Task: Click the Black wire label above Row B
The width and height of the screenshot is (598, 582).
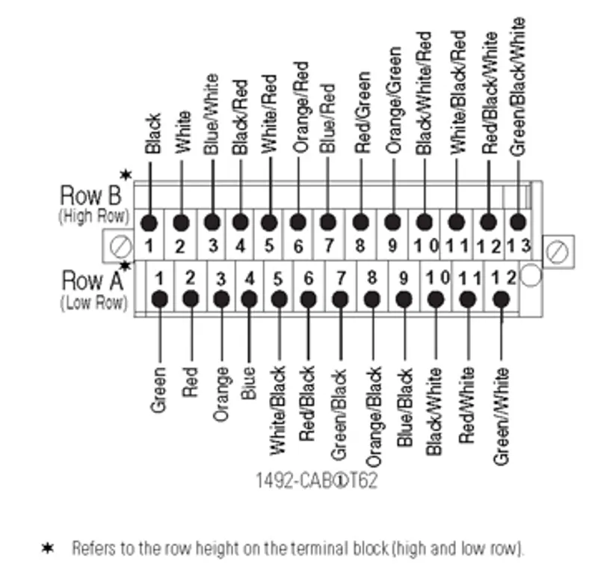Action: (x=153, y=134)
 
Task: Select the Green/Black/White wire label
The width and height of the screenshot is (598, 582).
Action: (x=517, y=87)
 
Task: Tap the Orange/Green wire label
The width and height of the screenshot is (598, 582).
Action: (x=394, y=100)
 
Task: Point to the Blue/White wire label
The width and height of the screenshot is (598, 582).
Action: (x=212, y=114)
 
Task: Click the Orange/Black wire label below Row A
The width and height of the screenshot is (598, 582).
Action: (x=374, y=417)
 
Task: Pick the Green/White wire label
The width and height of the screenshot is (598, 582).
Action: (x=501, y=417)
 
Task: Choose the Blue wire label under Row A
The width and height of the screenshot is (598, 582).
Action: (x=248, y=383)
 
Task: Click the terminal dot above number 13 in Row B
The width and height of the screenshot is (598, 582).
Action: (x=517, y=222)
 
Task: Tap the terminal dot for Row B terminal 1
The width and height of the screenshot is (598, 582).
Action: (x=149, y=223)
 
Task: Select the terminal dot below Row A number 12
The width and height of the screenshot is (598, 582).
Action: (x=501, y=299)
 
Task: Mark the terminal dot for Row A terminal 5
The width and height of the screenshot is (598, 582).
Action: (x=279, y=299)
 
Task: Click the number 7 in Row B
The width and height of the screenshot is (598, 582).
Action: (x=329, y=246)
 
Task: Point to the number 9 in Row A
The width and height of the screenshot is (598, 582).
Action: (x=404, y=278)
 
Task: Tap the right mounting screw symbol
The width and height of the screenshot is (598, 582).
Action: (x=557, y=252)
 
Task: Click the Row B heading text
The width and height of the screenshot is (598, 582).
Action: (x=90, y=195)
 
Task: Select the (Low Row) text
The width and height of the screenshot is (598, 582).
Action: (x=94, y=303)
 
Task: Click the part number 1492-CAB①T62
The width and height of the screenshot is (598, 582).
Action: (x=316, y=480)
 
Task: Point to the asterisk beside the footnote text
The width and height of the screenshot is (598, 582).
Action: (x=48, y=548)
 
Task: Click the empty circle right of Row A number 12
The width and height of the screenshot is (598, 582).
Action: (x=531, y=275)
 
